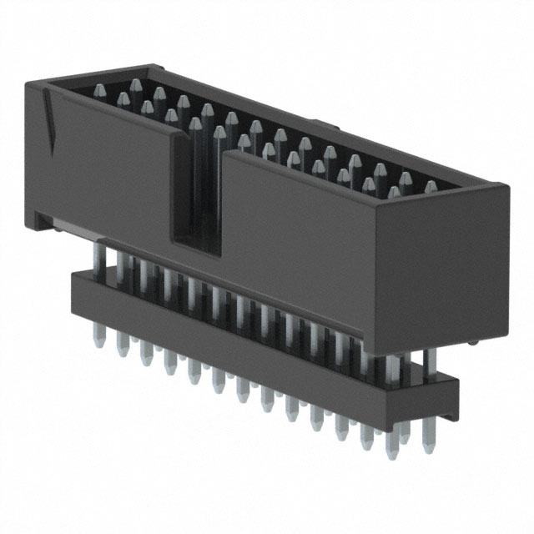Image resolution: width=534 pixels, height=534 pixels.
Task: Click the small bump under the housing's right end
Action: click(x=473, y=343)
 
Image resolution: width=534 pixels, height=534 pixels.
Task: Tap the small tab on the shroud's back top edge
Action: click(x=327, y=128)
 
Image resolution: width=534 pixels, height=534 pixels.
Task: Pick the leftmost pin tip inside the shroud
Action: click(x=99, y=90)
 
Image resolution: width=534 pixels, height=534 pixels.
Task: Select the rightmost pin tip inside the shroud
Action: click(x=431, y=187)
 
